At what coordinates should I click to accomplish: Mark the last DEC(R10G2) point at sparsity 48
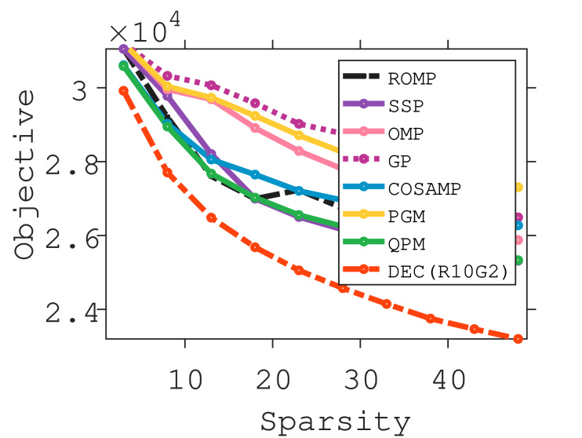[518, 339]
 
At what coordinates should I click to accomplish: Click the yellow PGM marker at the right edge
[518, 187]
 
